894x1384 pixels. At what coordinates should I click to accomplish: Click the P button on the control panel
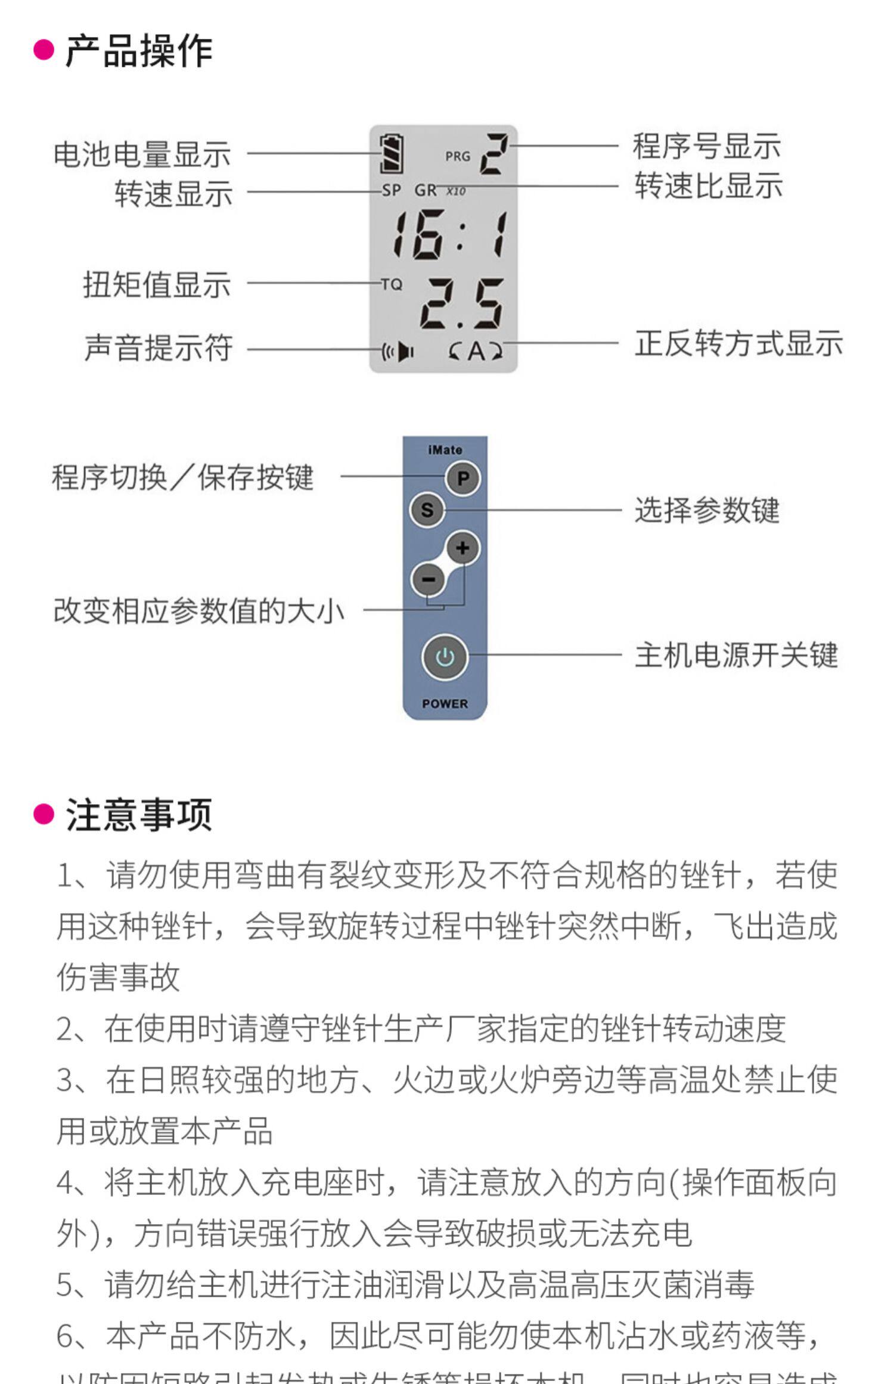tap(462, 478)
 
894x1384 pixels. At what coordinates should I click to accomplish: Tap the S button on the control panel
tap(427, 510)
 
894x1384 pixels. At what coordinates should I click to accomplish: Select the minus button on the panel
tap(428, 579)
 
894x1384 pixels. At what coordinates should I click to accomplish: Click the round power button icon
tap(445, 657)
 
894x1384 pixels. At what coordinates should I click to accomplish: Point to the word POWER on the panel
tap(445, 703)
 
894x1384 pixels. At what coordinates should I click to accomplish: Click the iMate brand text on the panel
tap(445, 450)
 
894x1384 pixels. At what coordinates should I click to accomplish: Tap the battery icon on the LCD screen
tap(392, 154)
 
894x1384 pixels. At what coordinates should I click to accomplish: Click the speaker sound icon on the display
tap(399, 352)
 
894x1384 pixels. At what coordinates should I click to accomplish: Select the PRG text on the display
tap(457, 157)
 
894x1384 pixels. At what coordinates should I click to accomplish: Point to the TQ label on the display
tap(392, 284)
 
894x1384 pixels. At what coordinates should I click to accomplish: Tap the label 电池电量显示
tap(142, 154)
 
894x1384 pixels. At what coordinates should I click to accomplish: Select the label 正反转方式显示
tap(738, 344)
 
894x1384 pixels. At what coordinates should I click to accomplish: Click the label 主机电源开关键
tap(736, 655)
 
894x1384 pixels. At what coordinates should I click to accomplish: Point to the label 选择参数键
tap(707, 510)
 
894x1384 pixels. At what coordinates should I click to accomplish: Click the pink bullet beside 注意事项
tap(44, 814)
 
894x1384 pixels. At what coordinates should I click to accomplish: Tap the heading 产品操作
tap(138, 51)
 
